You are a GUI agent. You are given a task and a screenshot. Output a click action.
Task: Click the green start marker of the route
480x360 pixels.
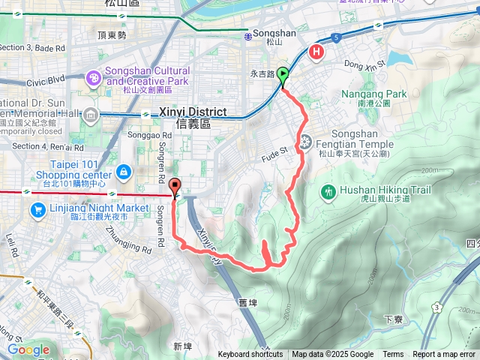pos(283,75)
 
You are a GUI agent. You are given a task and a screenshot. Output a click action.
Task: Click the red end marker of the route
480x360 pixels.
pos(175,187)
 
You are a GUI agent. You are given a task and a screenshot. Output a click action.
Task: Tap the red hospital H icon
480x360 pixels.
pos(317,52)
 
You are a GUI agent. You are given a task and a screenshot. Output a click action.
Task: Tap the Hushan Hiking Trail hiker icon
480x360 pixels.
pos(328,193)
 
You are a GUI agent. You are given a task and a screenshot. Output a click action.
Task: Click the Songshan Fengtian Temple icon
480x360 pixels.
pos(306,141)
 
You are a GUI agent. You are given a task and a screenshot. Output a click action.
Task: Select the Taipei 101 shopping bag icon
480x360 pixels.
pos(122,174)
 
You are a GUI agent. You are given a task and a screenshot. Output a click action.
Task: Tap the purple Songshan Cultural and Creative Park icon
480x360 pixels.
pos(93,76)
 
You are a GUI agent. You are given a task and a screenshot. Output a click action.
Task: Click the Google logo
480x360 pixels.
pos(28,349)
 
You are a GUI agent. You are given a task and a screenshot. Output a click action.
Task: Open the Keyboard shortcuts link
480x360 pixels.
pos(250,355)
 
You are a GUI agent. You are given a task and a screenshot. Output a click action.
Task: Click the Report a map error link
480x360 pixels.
pos(445,355)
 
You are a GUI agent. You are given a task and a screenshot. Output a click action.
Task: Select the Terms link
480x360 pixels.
pos(393,355)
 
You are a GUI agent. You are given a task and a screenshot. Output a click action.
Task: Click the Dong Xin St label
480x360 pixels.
pos(364,64)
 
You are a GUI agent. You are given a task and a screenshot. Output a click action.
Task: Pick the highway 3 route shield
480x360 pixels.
pos(436,307)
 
